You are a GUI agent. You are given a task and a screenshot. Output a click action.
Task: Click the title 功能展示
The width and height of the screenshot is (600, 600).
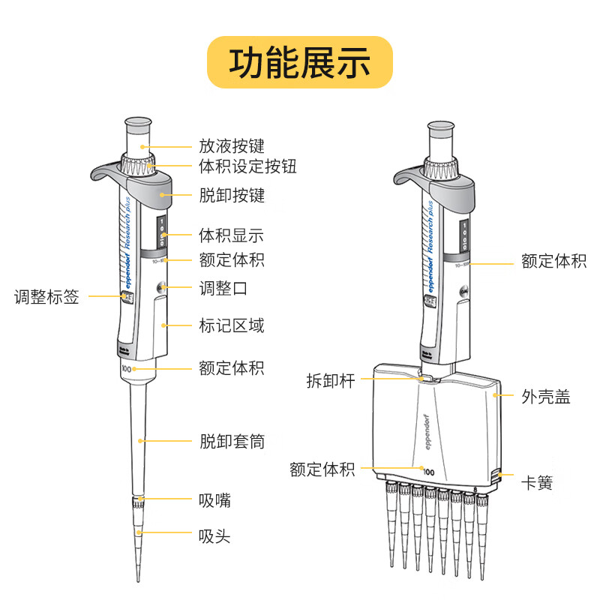pyautogui.click(x=300, y=63)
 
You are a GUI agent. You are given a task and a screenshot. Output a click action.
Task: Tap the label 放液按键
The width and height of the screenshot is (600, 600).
pyautogui.click(x=232, y=145)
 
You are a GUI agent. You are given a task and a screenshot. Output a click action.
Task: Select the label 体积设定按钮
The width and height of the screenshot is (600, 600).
pyautogui.click(x=248, y=166)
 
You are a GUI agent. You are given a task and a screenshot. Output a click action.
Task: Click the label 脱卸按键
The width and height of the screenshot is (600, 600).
pyautogui.click(x=232, y=196)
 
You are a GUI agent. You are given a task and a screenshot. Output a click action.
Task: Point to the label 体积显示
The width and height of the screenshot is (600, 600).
pyautogui.click(x=232, y=235)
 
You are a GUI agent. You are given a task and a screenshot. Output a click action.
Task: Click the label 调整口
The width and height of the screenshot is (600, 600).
pyautogui.click(x=223, y=288)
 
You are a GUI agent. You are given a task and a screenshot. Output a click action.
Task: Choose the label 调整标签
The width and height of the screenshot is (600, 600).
pyautogui.click(x=46, y=296)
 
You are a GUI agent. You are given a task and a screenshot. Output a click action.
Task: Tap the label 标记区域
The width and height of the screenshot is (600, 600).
pyautogui.click(x=232, y=326)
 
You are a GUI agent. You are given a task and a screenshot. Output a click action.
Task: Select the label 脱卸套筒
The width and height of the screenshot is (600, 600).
pyautogui.click(x=232, y=442)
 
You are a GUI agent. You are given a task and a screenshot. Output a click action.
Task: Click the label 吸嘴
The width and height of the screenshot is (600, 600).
pyautogui.click(x=214, y=500)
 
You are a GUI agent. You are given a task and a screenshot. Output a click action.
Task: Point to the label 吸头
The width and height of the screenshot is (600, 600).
pyautogui.click(x=214, y=536)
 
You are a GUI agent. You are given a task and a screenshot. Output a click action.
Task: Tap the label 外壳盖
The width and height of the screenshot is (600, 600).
pyautogui.click(x=546, y=397)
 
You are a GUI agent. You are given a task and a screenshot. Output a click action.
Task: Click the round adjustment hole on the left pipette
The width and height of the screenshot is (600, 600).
pyautogui.click(x=161, y=288)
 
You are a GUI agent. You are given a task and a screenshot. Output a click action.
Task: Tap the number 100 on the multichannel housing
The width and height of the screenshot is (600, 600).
pyautogui.click(x=428, y=472)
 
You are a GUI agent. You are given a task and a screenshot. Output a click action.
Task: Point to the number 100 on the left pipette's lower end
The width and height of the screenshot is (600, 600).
pyautogui.click(x=126, y=370)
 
